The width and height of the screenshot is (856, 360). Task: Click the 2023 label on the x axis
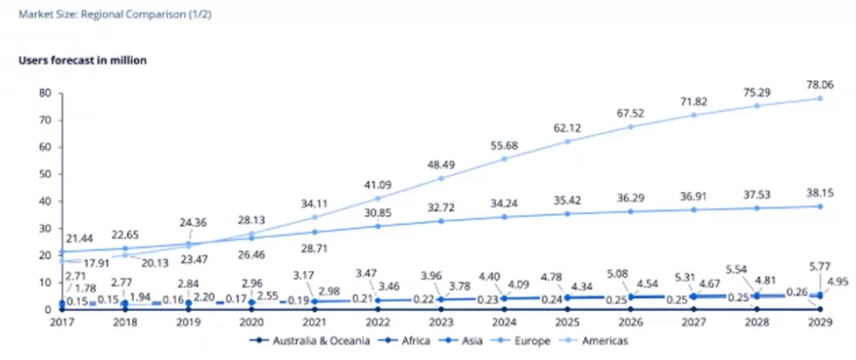click(440, 322)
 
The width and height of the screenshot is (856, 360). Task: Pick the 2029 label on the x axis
click(819, 322)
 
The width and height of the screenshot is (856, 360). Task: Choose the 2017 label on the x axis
click(61, 322)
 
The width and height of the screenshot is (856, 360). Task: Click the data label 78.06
click(818, 84)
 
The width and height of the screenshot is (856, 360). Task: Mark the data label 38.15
click(818, 192)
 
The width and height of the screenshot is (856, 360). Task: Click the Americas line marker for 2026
click(630, 126)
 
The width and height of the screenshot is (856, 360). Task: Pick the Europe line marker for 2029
click(819, 205)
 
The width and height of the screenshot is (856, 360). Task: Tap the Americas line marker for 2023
click(440, 178)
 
